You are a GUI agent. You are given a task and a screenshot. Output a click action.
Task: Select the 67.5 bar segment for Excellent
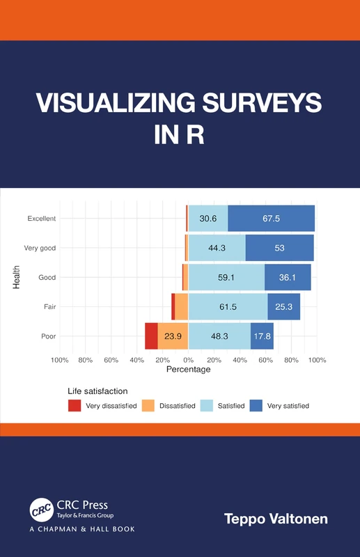(x=271, y=219)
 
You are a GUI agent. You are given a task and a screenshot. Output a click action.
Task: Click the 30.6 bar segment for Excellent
(x=208, y=219)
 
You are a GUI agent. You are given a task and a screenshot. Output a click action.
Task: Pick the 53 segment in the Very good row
(x=279, y=248)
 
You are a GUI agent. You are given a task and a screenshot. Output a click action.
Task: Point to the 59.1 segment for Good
(x=226, y=277)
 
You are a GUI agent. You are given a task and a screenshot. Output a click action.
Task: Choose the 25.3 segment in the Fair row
(x=283, y=306)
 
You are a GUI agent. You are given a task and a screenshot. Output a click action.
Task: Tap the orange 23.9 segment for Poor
(x=173, y=336)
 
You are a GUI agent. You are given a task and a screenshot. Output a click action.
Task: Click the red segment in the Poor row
(x=151, y=336)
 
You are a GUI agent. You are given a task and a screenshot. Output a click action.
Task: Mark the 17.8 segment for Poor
(x=262, y=336)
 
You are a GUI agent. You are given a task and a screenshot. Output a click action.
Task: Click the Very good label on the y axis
(x=40, y=248)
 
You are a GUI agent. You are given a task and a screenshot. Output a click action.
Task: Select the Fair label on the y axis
(x=49, y=306)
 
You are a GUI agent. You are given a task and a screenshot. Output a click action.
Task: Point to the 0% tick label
(x=188, y=360)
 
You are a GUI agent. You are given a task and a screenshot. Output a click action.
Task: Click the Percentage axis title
(x=188, y=370)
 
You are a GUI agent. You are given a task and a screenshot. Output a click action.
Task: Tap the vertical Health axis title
(x=16, y=277)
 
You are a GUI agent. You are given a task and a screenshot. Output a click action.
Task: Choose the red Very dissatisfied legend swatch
(x=75, y=405)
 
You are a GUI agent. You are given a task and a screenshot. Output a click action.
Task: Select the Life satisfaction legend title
(x=97, y=391)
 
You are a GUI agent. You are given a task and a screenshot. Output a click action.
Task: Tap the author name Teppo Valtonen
(x=275, y=519)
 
